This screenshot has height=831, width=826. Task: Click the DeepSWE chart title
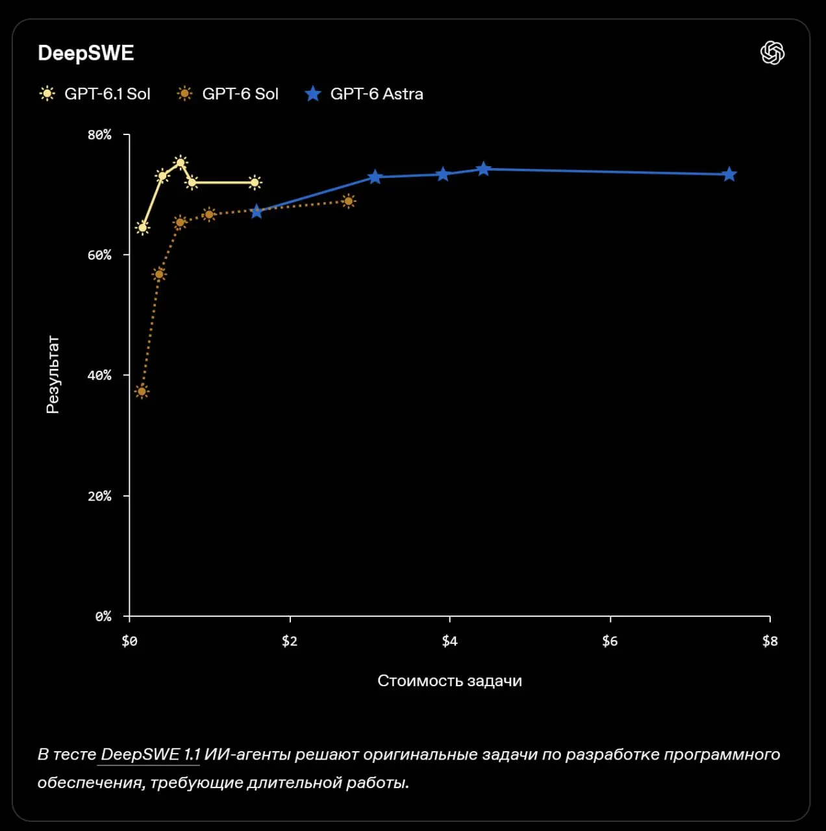(x=86, y=53)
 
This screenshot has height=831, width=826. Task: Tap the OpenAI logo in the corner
(x=772, y=53)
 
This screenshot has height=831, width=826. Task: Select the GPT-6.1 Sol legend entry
(x=95, y=93)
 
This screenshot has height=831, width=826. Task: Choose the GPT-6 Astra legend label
(x=377, y=93)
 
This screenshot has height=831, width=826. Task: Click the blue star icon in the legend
(x=313, y=93)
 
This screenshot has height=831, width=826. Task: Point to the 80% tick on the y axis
(x=99, y=135)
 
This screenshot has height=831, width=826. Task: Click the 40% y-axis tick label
(x=99, y=375)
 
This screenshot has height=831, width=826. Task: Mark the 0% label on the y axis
(x=103, y=616)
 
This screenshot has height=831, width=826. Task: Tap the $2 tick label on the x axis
(x=290, y=641)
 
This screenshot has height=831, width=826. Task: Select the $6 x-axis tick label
(x=610, y=641)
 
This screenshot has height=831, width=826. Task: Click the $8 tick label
(x=770, y=641)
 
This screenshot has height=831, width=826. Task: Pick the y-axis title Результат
(x=53, y=375)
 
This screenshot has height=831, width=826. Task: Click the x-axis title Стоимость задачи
(x=449, y=681)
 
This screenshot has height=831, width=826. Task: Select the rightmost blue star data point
(x=729, y=174)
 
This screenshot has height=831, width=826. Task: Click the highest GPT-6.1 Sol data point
(x=181, y=162)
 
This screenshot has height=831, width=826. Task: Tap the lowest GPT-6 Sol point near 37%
(x=142, y=391)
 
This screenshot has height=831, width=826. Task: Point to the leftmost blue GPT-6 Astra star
(x=257, y=211)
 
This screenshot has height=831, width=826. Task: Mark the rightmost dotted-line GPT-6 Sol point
(x=349, y=201)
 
